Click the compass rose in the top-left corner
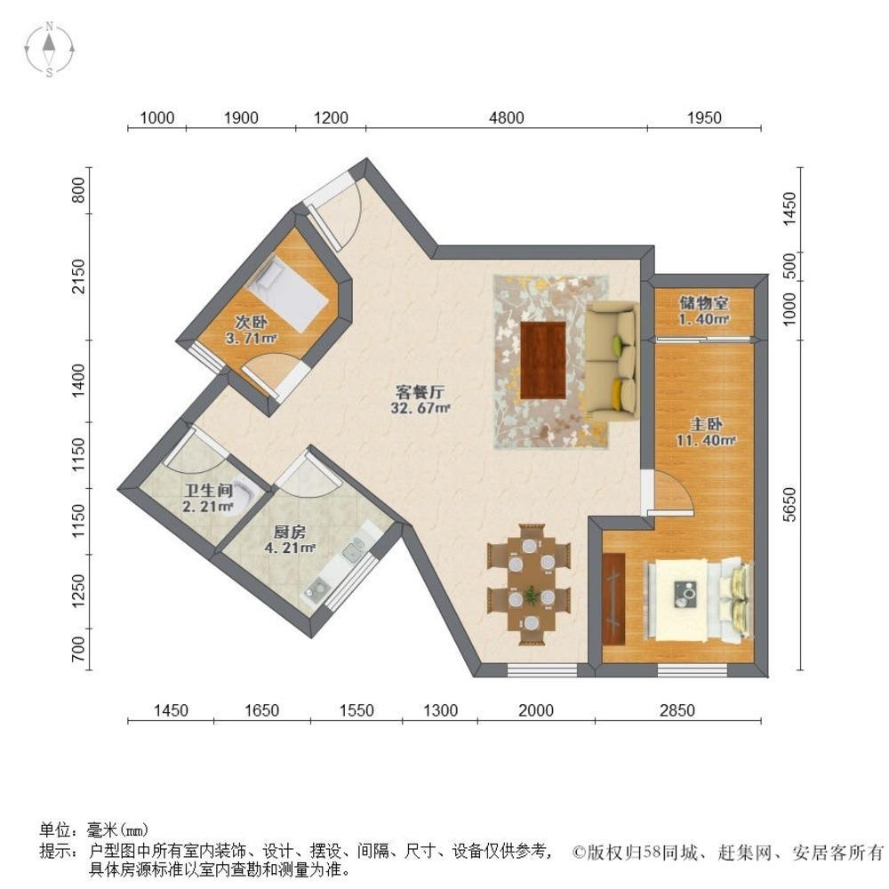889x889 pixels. click(x=51, y=49)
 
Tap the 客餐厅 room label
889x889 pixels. click(x=420, y=399)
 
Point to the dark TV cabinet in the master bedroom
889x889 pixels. click(x=614, y=597)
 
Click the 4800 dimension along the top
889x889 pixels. click(x=505, y=117)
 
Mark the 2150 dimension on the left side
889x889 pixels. click(x=79, y=277)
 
